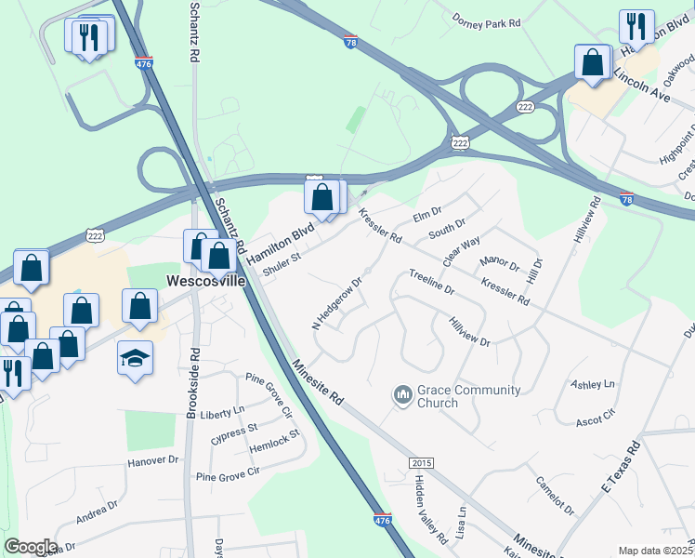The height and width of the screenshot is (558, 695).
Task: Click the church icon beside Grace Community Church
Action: point(402,396)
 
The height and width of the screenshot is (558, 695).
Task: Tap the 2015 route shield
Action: point(421,463)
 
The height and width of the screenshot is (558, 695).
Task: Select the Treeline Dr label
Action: point(431,283)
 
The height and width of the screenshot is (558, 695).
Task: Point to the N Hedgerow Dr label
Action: point(336,302)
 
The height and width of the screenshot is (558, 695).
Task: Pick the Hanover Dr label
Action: point(152,460)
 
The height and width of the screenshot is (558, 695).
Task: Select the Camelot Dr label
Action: point(556,495)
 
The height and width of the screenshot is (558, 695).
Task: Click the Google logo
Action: point(31,547)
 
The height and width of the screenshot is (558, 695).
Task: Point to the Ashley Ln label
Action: point(593,384)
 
